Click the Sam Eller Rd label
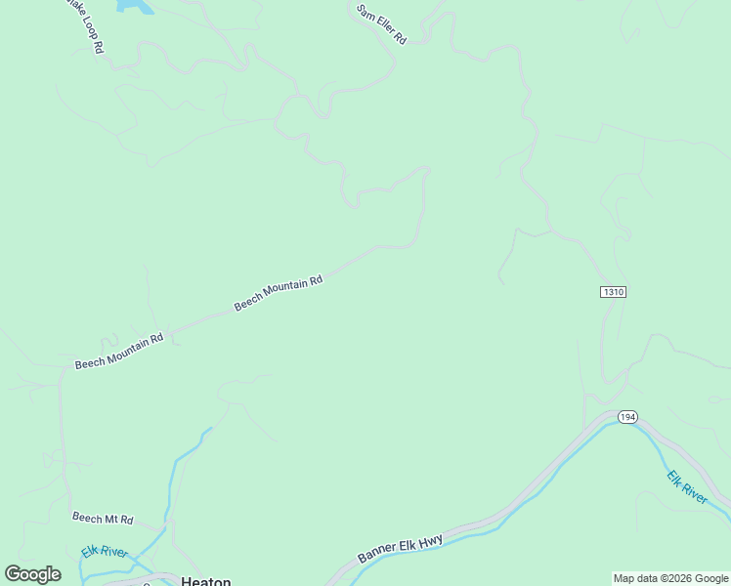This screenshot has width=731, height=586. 381,23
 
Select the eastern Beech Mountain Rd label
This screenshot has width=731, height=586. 279,294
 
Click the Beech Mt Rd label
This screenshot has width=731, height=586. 103,519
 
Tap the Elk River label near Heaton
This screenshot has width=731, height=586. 105,553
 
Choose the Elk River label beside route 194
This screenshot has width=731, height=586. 687,487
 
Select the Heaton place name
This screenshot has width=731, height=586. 206,581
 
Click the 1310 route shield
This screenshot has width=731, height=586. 613,292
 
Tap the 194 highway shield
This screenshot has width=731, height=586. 627,417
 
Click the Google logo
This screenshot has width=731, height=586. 33,574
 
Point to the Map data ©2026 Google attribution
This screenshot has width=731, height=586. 669,578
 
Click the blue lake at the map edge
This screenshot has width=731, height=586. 136,6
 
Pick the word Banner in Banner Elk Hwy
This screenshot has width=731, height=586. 376,555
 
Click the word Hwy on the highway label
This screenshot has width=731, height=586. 431,539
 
